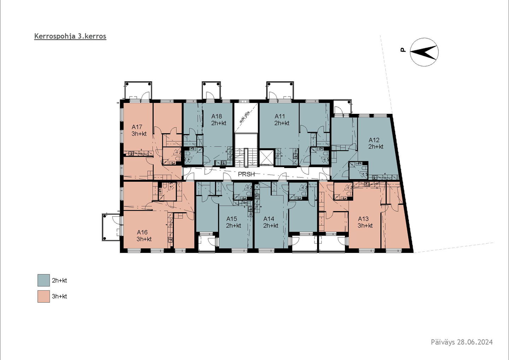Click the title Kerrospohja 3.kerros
[70, 36]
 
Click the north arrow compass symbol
[424, 52]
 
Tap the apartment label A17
[137, 127]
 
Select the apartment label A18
[217, 116]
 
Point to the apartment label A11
[280, 116]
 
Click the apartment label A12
[374, 140]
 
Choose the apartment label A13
[363, 219]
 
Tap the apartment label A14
[269, 219]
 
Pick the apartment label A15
[232, 219]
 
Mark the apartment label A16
[142, 232]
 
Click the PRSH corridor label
[246, 174]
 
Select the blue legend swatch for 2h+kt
[43, 280]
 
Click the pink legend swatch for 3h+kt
[43, 296]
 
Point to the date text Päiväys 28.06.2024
[462, 349]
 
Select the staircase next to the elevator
[246, 156]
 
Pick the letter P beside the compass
[403, 50]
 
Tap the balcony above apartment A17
[138, 91]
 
